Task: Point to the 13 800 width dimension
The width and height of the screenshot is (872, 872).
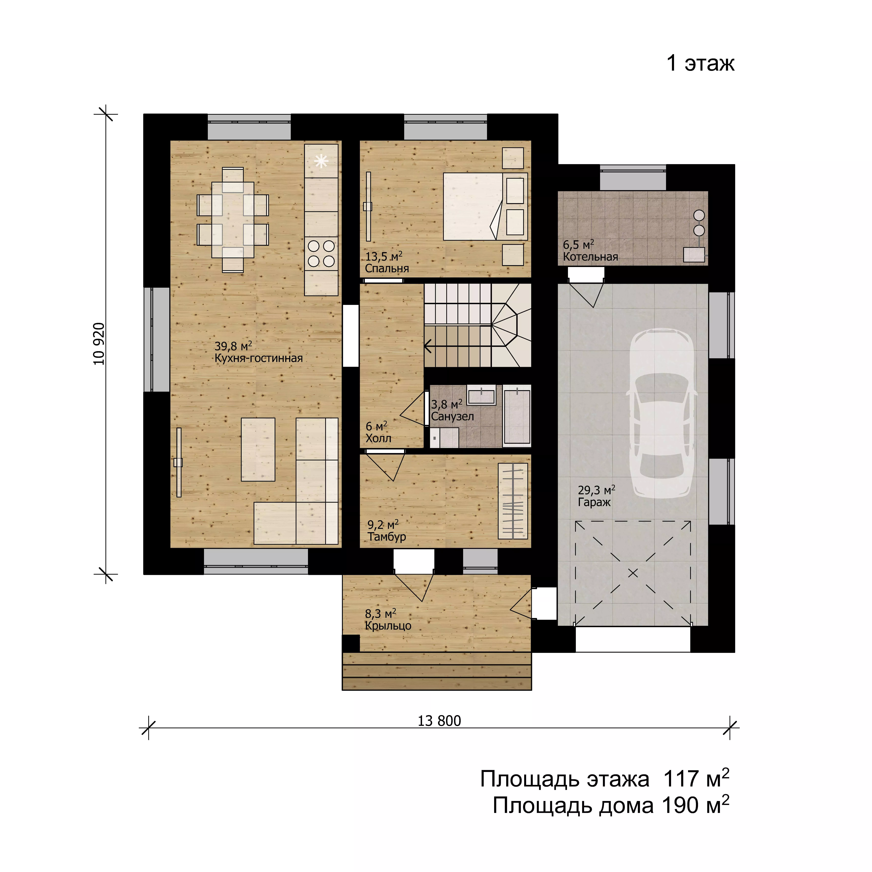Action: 439,721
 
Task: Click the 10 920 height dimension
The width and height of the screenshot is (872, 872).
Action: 99,344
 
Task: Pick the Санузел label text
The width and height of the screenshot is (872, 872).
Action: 452,416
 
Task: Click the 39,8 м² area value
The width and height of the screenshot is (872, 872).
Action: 233,346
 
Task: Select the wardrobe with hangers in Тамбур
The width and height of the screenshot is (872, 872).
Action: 513,501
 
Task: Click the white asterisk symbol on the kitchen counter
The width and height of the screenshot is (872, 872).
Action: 321,161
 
